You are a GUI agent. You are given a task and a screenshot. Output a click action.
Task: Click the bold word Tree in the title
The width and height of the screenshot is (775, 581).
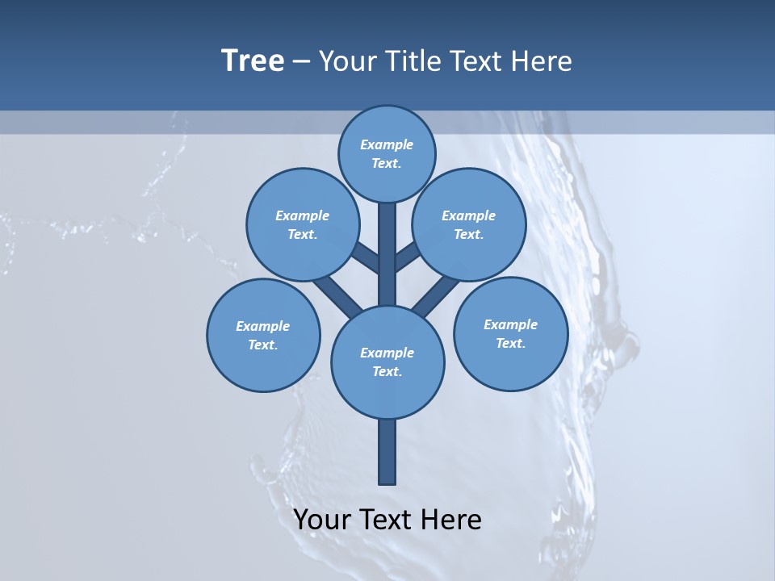pyautogui.click(x=253, y=61)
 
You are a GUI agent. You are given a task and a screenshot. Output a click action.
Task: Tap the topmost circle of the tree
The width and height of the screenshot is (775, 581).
pyautogui.click(x=387, y=154)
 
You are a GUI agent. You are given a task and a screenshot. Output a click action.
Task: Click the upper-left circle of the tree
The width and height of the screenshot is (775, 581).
pyautogui.click(x=303, y=224)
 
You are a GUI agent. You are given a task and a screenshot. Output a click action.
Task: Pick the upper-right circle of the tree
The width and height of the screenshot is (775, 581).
pyautogui.click(x=469, y=224)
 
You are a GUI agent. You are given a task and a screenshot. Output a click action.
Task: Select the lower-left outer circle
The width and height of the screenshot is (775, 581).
pyautogui.click(x=263, y=335)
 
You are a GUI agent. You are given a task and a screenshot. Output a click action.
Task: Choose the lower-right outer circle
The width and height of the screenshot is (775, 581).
pyautogui.click(x=510, y=333)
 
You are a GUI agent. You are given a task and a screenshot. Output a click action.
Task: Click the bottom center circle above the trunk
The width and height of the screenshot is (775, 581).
pyautogui.click(x=387, y=362)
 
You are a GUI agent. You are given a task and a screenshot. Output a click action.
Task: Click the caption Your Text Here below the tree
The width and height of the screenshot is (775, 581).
pyautogui.click(x=387, y=520)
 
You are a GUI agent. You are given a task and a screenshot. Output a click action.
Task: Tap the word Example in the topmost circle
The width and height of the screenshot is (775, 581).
pyautogui.click(x=387, y=145)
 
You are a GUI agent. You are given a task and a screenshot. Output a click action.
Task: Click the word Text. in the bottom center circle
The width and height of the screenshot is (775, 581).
pyautogui.click(x=387, y=371)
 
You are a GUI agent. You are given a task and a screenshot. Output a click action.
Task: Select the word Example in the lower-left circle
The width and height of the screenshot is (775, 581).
pyautogui.click(x=263, y=326)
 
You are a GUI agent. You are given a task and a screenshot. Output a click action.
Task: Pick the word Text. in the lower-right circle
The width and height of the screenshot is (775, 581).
pyautogui.click(x=510, y=343)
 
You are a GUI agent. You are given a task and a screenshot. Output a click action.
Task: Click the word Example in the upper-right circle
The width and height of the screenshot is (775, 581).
pyautogui.click(x=469, y=215)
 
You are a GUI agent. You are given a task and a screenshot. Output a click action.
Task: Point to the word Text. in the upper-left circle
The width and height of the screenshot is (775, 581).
pyautogui.click(x=303, y=234)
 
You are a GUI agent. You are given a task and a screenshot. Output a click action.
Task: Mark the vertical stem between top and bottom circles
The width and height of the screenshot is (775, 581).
pyautogui.click(x=387, y=254)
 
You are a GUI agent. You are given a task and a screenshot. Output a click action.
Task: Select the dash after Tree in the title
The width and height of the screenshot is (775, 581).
pyautogui.click(x=301, y=62)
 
